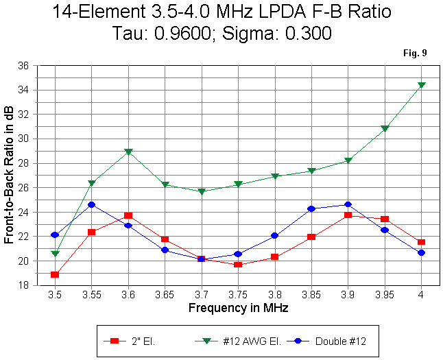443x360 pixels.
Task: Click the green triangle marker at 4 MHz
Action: [421, 85]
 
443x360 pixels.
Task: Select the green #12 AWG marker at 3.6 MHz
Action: [128, 152]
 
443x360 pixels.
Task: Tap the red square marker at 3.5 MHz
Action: [55, 274]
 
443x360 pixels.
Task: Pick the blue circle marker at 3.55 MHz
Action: [91, 204]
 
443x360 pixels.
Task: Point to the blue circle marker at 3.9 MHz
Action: [348, 204]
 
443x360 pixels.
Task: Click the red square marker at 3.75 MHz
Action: [238, 264]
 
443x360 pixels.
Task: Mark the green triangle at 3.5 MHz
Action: [55, 254]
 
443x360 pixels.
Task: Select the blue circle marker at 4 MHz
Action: [421, 252]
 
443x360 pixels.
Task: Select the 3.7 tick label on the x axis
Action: [201, 296]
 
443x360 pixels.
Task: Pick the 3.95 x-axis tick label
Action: [384, 296]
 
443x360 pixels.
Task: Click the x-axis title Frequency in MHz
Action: [238, 308]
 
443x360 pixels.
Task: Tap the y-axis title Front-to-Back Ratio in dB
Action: [10, 176]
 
